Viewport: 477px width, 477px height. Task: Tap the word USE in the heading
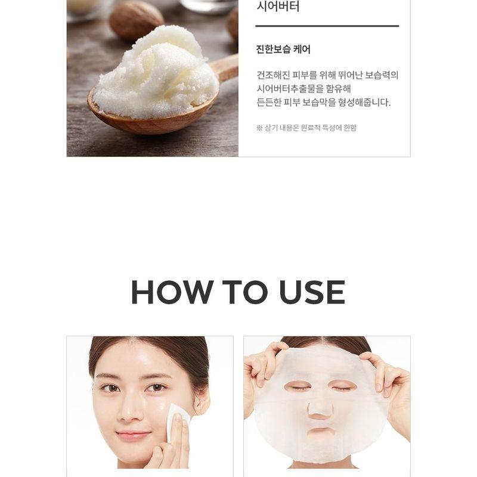(312, 292)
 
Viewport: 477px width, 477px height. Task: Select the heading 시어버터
(277, 8)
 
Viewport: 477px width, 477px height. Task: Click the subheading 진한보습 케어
(283, 49)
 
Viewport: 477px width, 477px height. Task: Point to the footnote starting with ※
(306, 128)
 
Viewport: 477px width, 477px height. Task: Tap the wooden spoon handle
(225, 69)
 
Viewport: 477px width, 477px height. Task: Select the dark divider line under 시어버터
(327, 26)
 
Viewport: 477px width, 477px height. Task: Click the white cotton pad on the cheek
(177, 419)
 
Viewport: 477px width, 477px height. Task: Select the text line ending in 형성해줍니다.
(323, 103)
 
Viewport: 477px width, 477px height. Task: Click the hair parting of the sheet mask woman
(325, 341)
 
